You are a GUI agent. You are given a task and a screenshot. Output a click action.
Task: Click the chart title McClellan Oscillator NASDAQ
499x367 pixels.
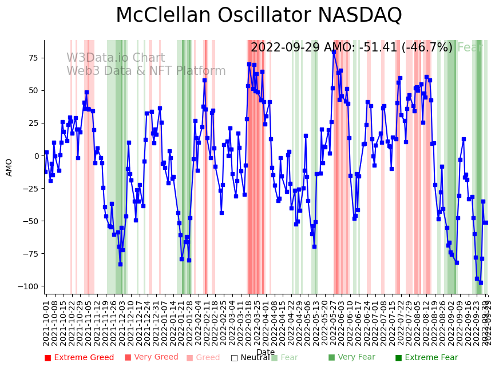[x=259, y=15]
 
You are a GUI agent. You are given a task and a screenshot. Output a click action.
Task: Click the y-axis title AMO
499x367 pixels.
[x=9, y=167]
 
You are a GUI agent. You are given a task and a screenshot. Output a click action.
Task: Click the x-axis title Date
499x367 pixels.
[x=266, y=352]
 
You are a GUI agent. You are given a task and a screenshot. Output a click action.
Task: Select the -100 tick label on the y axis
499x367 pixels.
[x=29, y=286]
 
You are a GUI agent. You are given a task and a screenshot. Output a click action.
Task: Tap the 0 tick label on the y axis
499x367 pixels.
[x=37, y=155]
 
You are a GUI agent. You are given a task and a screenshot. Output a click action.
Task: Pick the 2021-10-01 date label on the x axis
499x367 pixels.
[x=46, y=322]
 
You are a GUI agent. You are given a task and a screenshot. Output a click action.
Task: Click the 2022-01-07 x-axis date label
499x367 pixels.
[x=164, y=322]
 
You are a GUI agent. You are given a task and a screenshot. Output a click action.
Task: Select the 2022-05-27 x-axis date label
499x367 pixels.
[x=332, y=322]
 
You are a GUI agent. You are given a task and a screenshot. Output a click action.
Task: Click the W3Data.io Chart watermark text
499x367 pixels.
[x=116, y=58]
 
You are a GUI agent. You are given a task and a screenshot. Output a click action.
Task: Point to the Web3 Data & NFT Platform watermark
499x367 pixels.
[x=146, y=71]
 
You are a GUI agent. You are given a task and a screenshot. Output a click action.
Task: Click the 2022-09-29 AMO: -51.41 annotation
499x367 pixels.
[x=351, y=47]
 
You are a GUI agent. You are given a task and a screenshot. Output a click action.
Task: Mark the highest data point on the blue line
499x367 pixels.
[x=334, y=52]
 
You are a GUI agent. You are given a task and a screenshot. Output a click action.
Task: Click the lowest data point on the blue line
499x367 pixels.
[x=481, y=282]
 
